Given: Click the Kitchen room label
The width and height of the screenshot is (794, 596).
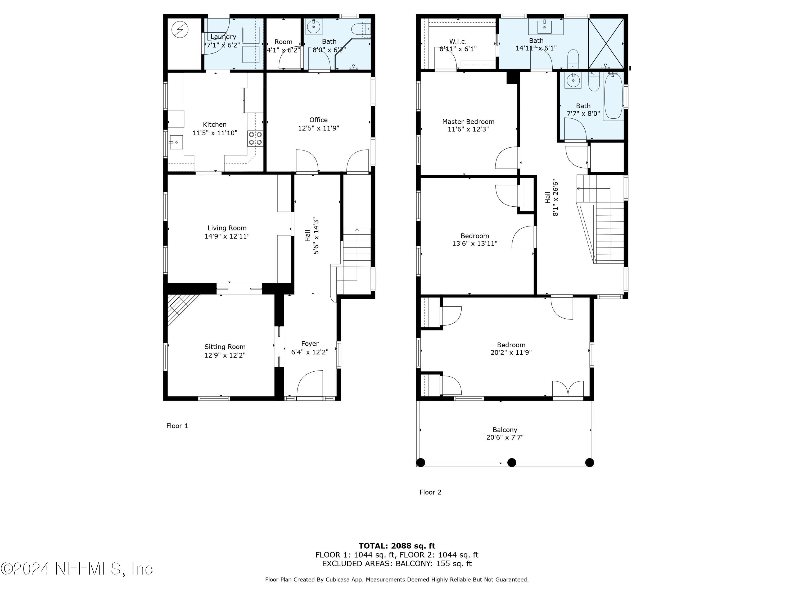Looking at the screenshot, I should pos(215,124).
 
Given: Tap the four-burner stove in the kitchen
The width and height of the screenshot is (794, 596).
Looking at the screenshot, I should pos(255,138).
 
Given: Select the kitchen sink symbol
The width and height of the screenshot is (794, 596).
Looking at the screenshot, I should pos(176,143).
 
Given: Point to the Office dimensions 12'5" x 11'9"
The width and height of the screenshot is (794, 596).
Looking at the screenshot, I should pos(318,128).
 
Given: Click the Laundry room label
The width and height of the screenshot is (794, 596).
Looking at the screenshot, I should pos(223,37).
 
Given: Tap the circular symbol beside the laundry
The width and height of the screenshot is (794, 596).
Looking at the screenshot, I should pos(180,30).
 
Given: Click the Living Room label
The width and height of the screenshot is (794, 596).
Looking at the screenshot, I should pos(227,228).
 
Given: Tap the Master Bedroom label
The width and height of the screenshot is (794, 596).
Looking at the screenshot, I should pos(468,121).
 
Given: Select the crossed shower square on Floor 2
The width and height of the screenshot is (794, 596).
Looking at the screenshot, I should pos(606,43).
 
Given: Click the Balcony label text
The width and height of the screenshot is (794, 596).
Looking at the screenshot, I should pos(505,430).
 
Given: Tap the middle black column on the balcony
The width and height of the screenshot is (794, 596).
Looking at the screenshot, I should pos(512,462).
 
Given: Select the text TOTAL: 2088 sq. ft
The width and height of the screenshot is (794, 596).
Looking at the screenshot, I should pos(397,546).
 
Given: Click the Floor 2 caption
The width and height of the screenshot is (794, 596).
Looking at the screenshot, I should pos(430,492).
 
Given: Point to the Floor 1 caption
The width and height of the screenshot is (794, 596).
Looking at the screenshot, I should pos(177,426).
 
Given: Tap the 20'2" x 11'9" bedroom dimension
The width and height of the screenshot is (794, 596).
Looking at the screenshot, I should pos(511,352).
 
